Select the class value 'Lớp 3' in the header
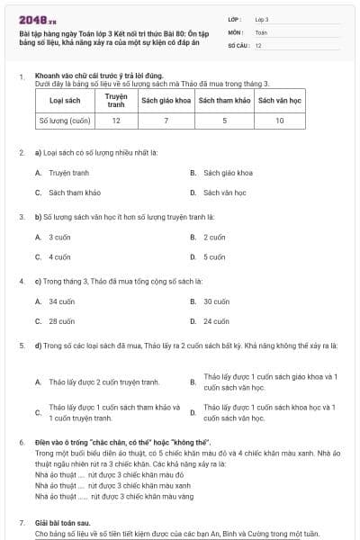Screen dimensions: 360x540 click(x=261, y=18)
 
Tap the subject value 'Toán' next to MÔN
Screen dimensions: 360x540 click(x=261, y=31)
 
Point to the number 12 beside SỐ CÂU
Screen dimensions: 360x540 click(x=258, y=44)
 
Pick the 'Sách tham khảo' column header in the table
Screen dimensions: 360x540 click(x=223, y=100)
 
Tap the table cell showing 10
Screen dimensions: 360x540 click(x=279, y=119)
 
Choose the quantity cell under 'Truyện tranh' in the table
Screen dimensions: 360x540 click(x=116, y=119)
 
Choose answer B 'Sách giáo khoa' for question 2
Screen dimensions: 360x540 click(x=228, y=172)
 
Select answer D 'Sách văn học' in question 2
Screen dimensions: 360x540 click(x=224, y=192)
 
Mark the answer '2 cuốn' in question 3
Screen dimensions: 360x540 click(x=214, y=238)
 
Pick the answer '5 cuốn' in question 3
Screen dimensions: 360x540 click(x=214, y=257)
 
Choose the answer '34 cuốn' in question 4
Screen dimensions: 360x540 click(x=62, y=301)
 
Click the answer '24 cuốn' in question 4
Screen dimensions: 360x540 click(x=216, y=321)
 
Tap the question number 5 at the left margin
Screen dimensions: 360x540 click(x=22, y=345)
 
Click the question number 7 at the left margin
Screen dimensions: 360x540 click(x=22, y=522)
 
